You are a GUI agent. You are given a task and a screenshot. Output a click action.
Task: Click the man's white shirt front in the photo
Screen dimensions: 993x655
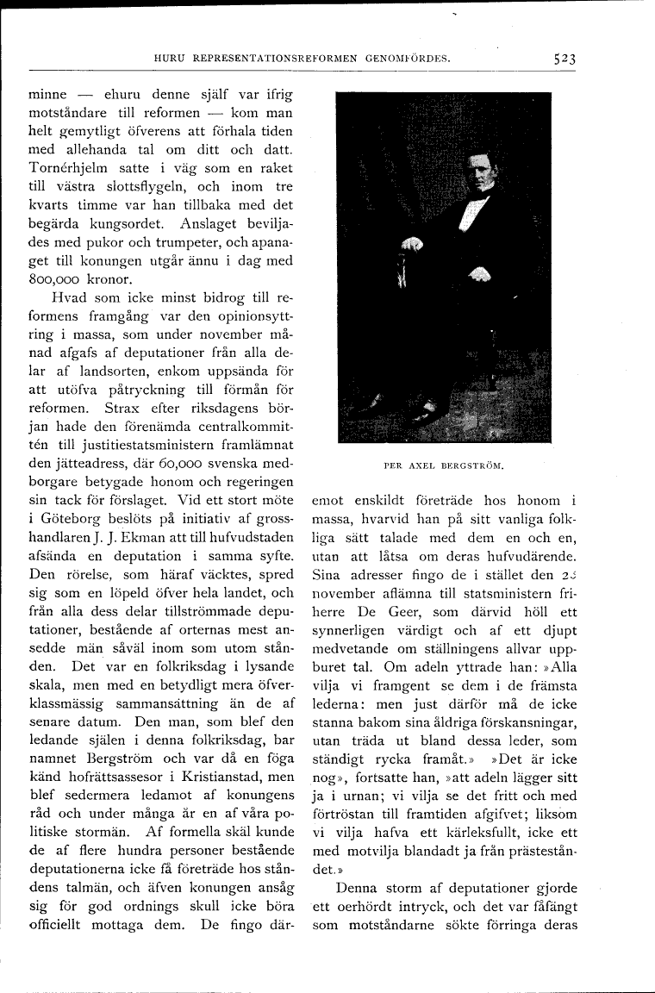[x=473, y=208]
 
